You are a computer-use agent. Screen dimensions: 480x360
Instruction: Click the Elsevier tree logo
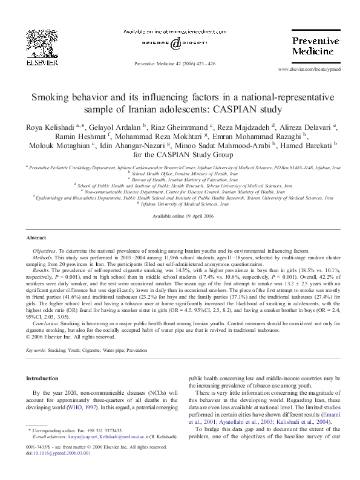click(x=39, y=42)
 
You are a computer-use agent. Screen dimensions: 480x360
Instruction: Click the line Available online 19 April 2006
click(x=180, y=216)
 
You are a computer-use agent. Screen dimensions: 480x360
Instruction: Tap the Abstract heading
click(x=38, y=238)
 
